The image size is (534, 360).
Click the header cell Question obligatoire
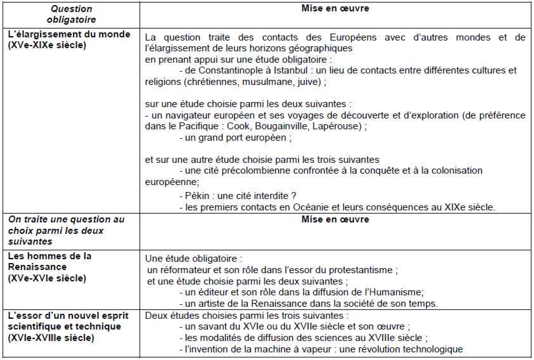(70, 15)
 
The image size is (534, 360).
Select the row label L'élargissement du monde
(69, 34)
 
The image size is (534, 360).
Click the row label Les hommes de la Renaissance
(50, 261)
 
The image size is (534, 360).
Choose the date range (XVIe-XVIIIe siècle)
(51, 337)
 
